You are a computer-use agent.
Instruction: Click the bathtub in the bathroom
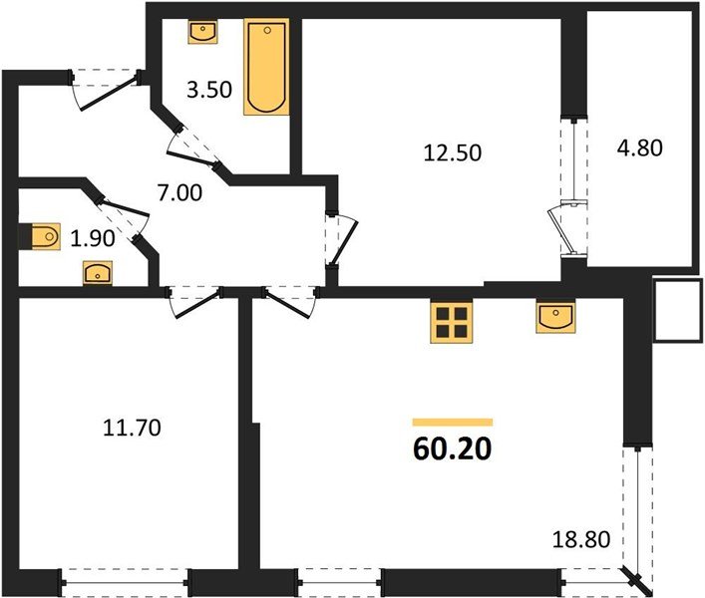pos(266,67)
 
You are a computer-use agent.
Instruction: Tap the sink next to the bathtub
pos(202,31)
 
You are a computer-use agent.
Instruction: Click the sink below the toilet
pos(98,271)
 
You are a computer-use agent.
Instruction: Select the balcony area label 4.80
pos(639,148)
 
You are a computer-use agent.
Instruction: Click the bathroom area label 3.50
pos(209,90)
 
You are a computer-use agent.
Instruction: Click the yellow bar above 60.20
pos(452,422)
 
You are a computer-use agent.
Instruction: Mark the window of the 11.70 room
pos(125,578)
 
